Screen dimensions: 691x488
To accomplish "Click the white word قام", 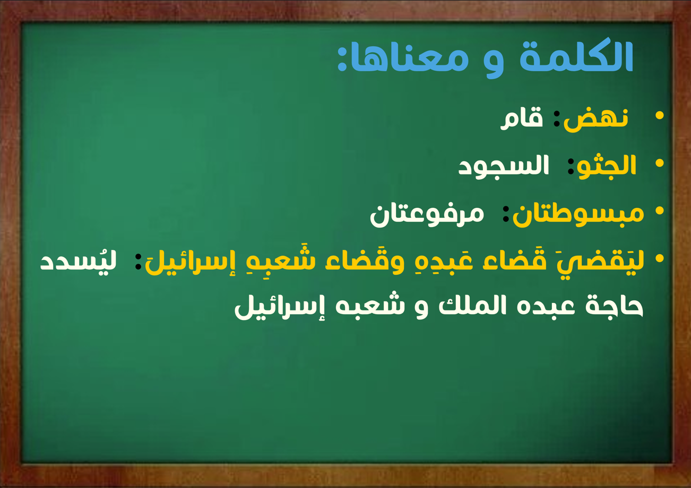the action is (522, 118).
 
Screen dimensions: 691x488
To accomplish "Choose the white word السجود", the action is (504, 167).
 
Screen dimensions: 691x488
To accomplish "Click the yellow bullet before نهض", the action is (660, 115).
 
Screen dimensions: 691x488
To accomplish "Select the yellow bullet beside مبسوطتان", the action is (660, 211).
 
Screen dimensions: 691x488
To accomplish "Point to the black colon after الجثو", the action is (571, 167).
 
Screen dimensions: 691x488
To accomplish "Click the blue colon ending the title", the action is (341, 59).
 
